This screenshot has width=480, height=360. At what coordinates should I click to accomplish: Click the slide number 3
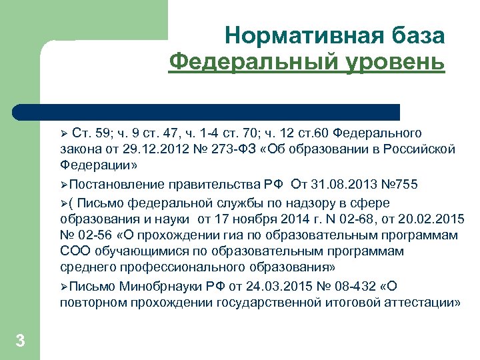[20, 341]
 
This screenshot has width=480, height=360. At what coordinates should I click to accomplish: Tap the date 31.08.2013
[342, 185]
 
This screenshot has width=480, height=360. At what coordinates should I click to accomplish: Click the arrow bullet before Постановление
[63, 185]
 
